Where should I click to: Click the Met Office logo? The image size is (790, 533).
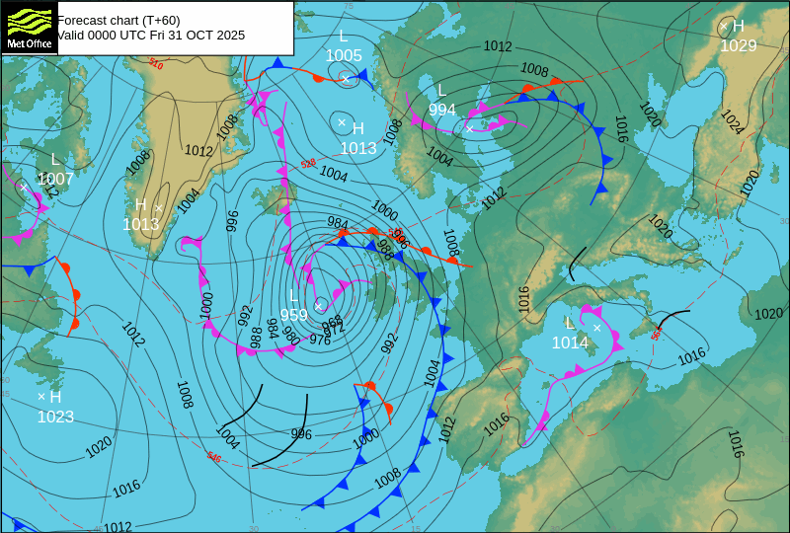point(29,27)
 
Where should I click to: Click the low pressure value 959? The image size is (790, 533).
point(293,316)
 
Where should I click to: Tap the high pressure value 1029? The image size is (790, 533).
point(738,45)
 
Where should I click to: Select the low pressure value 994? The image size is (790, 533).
point(442,110)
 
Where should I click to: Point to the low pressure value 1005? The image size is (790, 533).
point(344,55)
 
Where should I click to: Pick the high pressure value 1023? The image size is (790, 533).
point(55,417)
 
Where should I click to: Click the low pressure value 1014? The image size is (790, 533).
point(570,343)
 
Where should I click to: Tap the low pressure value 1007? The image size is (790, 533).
point(55,179)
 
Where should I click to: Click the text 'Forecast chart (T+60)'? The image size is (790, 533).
point(118,20)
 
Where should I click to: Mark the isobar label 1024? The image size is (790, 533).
point(731,121)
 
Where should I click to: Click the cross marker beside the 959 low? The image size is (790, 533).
point(318,306)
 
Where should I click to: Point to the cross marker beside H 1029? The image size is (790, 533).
point(723,27)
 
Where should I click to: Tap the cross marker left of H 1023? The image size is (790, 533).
point(40,396)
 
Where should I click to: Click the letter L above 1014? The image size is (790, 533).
point(569,324)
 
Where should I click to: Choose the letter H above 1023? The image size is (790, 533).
point(55,397)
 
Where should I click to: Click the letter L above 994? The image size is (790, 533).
point(441,91)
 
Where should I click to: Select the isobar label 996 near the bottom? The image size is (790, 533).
point(301,434)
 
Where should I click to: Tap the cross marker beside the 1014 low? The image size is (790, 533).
point(596,327)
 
